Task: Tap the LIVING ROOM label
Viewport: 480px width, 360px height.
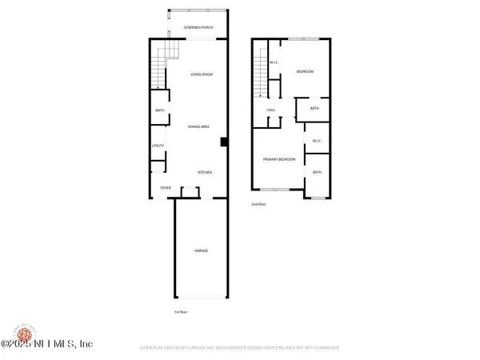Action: [x=201, y=74]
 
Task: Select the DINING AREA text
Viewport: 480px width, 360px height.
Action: [x=199, y=127]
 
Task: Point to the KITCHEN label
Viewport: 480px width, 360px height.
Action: [x=206, y=172]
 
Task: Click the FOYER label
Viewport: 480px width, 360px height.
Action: [x=166, y=188]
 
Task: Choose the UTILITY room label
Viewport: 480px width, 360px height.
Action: [x=158, y=146]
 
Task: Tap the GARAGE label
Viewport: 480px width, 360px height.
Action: [x=201, y=251]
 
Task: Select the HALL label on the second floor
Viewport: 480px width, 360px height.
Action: [x=270, y=110]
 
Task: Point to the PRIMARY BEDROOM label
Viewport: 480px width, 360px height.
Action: [x=280, y=159]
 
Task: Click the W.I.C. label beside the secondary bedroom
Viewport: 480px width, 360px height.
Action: [x=274, y=62]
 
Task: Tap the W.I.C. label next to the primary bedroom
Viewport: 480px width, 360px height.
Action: [x=317, y=142]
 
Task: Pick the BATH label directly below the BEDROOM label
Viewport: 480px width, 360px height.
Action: [x=314, y=108]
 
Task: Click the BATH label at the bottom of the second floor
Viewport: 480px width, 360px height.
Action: [x=317, y=173]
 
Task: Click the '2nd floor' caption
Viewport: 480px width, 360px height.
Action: [x=258, y=204]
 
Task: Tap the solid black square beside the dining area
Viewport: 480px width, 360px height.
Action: [x=224, y=142]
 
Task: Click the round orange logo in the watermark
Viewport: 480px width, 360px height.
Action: [x=21, y=331]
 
